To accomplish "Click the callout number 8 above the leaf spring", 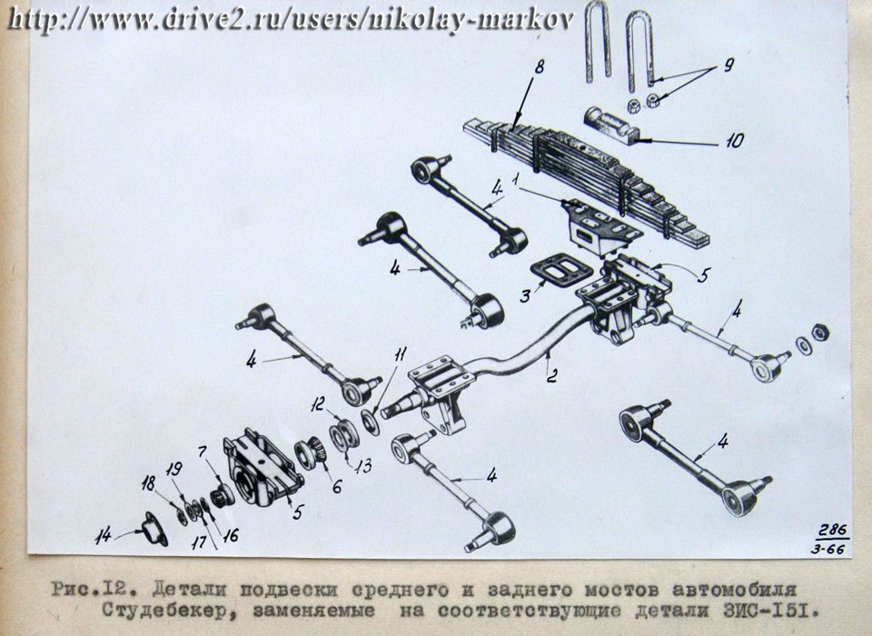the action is (x=539, y=66).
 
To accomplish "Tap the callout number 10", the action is (x=734, y=140).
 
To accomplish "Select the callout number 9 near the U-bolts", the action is (x=728, y=65).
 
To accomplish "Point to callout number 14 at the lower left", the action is (x=103, y=536).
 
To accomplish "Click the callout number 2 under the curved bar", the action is (x=551, y=376).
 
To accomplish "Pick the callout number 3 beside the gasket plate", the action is (x=524, y=295).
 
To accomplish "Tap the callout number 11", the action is (x=401, y=353).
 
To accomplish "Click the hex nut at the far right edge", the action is (x=818, y=333).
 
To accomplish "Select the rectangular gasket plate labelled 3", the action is (x=556, y=273).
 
